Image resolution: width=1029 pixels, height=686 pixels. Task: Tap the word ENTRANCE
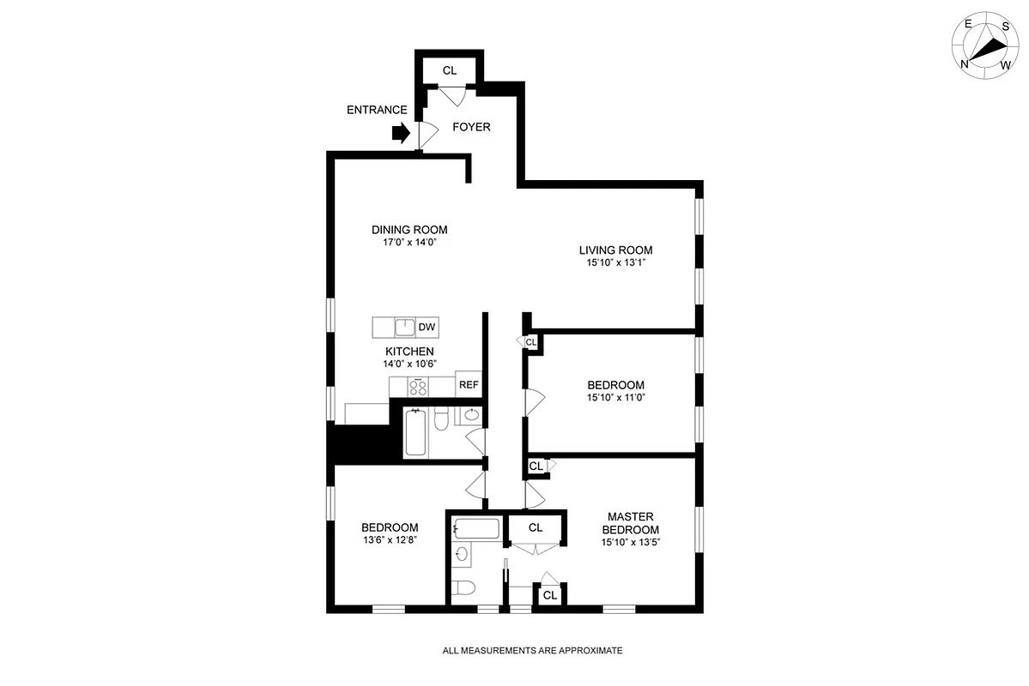[x=377, y=110]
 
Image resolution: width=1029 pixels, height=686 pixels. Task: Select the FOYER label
[x=471, y=127]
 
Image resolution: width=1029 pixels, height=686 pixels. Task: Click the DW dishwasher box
[x=427, y=327]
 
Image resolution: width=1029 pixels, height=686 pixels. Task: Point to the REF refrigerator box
[x=469, y=385]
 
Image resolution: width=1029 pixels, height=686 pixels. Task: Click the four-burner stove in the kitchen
[x=418, y=387]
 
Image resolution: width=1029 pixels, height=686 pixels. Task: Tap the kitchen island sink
[x=404, y=327]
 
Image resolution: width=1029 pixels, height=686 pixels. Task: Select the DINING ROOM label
[x=409, y=230]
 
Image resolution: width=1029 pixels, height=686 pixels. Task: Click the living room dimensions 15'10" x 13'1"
[x=615, y=263]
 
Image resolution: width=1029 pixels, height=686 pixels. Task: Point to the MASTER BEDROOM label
[x=631, y=522]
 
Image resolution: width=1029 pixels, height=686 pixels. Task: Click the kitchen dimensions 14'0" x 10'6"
[x=409, y=364]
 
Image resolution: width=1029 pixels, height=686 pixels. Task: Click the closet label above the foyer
[x=450, y=70]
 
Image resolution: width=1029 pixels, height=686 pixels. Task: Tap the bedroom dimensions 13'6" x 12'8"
[x=390, y=540]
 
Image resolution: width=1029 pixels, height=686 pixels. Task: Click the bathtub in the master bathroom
[x=476, y=528]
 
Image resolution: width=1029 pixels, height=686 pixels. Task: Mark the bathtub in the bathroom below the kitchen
[x=415, y=432]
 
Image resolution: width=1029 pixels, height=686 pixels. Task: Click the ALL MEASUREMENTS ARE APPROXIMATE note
[x=532, y=651]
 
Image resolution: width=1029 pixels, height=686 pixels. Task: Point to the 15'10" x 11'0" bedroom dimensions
[x=615, y=398]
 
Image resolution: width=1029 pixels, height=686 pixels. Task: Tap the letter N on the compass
[x=965, y=63]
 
